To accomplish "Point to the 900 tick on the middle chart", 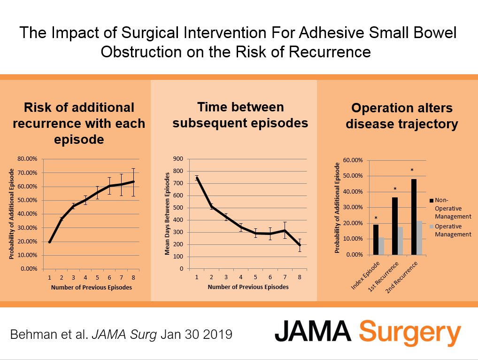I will [178, 159].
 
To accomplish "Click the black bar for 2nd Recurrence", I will [414, 217].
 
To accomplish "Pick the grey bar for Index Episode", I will [381, 246].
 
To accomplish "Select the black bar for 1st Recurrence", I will [394, 226].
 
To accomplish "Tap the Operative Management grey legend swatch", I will [432, 226].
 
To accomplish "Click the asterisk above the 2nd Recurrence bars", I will [412, 171].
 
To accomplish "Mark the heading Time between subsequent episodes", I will [240, 115].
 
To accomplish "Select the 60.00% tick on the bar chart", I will [353, 160].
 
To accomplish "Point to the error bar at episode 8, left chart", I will [133, 182].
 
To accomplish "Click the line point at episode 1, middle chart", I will [197, 178].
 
